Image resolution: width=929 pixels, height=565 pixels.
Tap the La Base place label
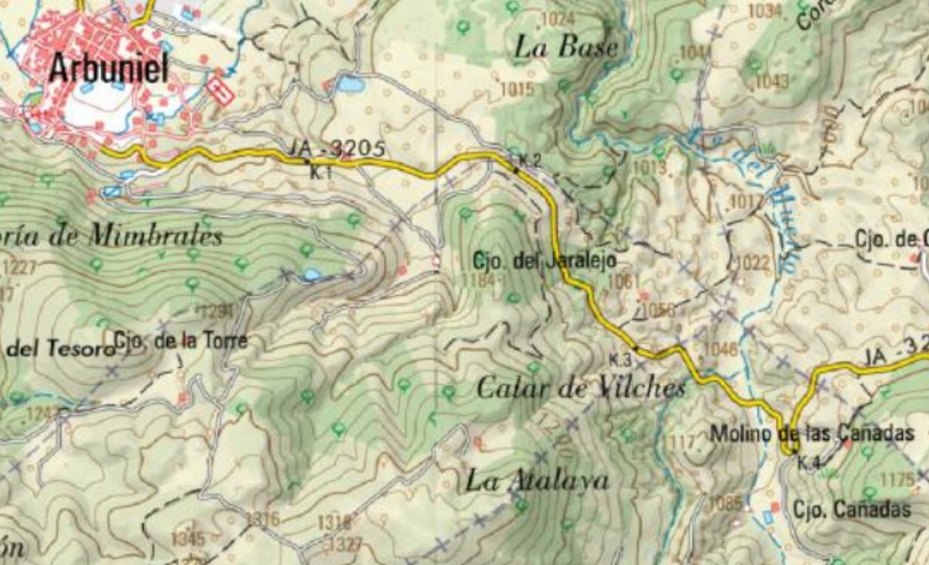tap(566, 48)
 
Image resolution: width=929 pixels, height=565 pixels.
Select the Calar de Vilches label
tap(581, 388)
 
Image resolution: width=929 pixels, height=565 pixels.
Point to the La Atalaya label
tap(537, 481)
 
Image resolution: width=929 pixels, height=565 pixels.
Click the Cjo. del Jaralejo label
tap(544, 260)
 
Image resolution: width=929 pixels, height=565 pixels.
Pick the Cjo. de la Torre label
tap(180, 340)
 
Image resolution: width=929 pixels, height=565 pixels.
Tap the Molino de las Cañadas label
tap(812, 434)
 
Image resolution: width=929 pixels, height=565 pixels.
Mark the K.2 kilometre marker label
tap(530, 160)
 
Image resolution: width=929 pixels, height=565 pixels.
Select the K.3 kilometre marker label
tap(621, 359)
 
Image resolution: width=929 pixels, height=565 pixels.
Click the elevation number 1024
tap(558, 19)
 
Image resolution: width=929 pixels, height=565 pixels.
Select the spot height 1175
tap(897, 481)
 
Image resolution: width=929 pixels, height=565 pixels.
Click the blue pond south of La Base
tap(349, 85)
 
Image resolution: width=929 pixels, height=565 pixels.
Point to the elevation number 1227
tap(20, 266)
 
